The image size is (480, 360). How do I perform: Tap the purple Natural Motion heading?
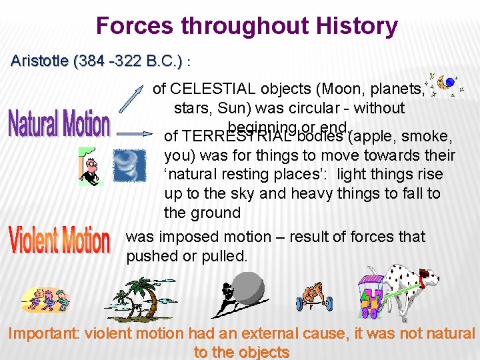(59, 124)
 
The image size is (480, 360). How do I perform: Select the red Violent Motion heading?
(59, 239)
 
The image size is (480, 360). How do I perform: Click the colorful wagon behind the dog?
(373, 294)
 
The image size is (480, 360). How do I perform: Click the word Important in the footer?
(44, 334)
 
